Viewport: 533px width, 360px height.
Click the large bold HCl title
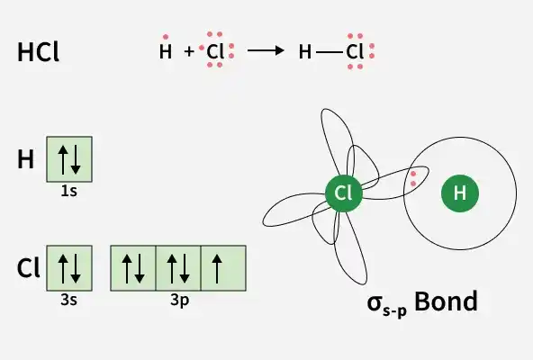[38, 52]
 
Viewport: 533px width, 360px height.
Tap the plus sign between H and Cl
[189, 51]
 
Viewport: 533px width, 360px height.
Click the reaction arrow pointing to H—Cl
[266, 50]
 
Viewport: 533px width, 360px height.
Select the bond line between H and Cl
[329, 52]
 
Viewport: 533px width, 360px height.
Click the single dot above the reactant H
[166, 37]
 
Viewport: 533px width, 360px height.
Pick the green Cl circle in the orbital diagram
[344, 193]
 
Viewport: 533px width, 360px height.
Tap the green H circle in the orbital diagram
[460, 193]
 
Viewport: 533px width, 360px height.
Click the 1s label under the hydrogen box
[69, 192]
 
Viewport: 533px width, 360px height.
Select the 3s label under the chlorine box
[69, 301]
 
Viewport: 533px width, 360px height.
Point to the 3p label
[180, 301]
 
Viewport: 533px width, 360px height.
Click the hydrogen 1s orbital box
[69, 159]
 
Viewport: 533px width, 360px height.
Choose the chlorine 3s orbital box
[69, 268]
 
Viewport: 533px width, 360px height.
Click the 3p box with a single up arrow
[223, 268]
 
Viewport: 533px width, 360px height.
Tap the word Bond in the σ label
[447, 301]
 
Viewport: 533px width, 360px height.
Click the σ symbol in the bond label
[375, 303]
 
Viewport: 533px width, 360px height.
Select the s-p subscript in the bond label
[394, 311]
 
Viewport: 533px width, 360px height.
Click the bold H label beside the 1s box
[26, 159]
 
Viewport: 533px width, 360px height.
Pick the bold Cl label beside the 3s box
[28, 268]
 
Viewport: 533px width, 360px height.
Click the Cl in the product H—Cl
[355, 52]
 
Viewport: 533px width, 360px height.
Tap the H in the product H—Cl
[305, 52]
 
